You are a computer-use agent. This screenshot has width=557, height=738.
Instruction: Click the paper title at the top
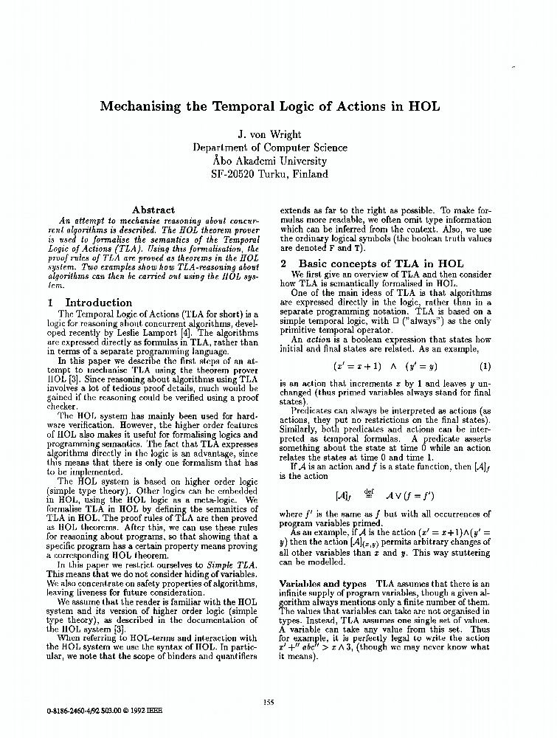tap(279, 106)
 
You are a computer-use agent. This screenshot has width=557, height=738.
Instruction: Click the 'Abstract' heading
tap(153, 210)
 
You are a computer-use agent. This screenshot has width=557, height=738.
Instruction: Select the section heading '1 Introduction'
tap(89, 303)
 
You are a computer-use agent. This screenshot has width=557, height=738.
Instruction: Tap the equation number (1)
tap(485, 366)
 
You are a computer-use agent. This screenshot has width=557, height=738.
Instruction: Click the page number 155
tap(269, 702)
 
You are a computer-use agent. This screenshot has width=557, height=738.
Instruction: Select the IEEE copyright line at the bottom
tap(104, 712)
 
